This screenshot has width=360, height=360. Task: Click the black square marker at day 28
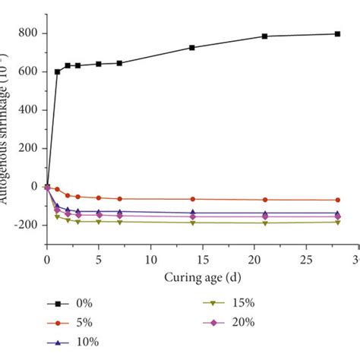(337, 33)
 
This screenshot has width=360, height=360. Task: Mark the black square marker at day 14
(192, 47)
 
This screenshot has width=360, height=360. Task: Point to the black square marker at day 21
(265, 36)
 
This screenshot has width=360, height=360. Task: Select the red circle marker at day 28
(337, 200)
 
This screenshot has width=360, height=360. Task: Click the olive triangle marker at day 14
(192, 223)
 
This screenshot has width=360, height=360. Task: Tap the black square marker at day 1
(58, 71)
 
